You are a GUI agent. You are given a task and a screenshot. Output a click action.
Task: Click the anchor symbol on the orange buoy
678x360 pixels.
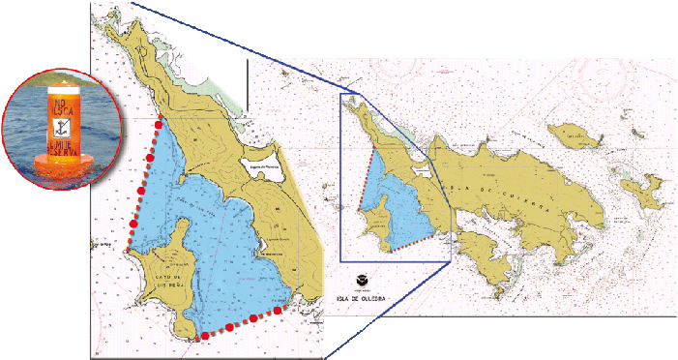coord(59,126)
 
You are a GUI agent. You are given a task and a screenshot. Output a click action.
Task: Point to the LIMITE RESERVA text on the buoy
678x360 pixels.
coord(59,147)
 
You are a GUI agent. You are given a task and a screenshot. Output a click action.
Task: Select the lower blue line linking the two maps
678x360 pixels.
coord(387,310)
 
